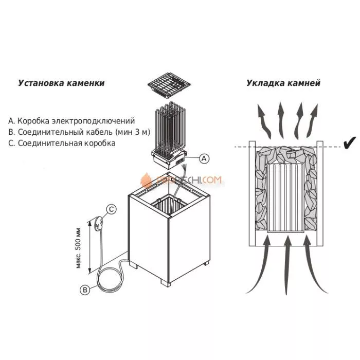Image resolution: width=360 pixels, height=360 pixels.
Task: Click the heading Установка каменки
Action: point(61,82)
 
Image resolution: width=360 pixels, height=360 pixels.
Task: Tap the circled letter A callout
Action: point(204,158)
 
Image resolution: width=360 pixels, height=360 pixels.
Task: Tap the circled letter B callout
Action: point(86,290)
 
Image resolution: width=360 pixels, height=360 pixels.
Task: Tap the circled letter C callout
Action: point(112,208)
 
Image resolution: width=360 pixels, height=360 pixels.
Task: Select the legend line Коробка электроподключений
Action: point(71,121)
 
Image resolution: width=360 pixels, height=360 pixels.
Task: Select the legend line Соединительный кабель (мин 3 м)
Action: point(79,132)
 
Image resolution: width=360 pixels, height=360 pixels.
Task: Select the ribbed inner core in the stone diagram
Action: point(286,197)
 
